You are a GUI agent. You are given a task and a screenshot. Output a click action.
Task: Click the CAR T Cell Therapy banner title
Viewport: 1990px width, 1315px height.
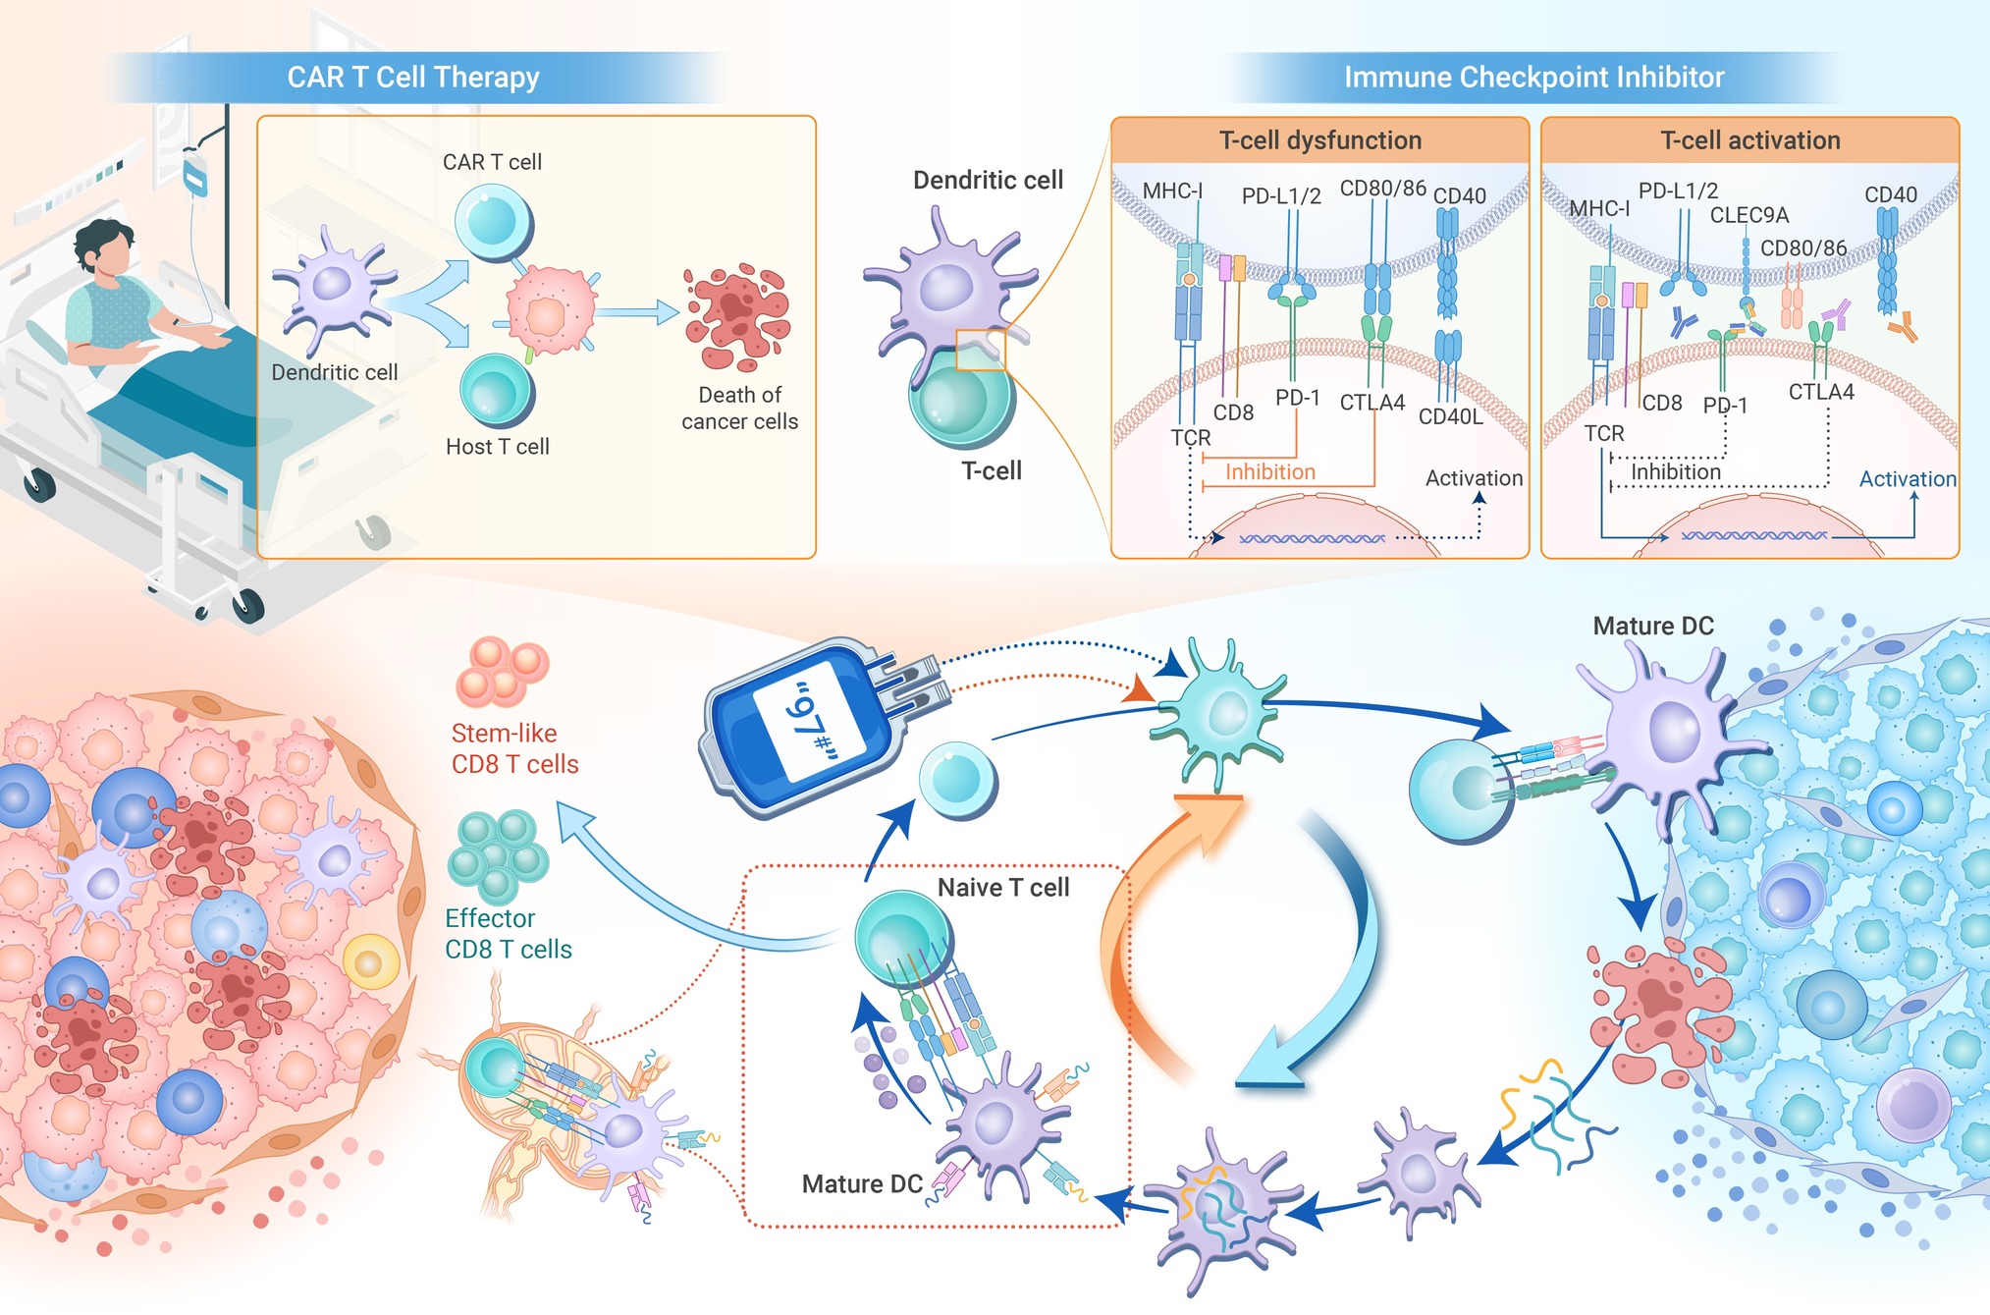coord(412,77)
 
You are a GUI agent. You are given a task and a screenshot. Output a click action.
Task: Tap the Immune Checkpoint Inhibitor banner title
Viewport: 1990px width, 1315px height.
coord(1533,77)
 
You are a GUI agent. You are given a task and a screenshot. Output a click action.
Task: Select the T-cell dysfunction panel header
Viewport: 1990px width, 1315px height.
coord(1319,140)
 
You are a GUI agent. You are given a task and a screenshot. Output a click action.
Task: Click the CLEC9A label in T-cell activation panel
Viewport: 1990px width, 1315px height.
coord(1748,215)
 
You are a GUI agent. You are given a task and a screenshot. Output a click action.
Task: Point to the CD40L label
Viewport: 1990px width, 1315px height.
coord(1450,416)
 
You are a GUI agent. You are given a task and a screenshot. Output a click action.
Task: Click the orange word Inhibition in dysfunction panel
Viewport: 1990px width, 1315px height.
coord(1269,472)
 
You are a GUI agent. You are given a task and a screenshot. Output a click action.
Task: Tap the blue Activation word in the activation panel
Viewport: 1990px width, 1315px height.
coord(1907,479)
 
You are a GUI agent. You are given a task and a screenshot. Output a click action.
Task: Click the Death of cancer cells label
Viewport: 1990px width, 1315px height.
coord(739,408)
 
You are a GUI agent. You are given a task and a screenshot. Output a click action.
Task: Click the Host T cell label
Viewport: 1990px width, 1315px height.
coord(497,447)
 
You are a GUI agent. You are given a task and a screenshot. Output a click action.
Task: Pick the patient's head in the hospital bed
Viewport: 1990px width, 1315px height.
coord(104,248)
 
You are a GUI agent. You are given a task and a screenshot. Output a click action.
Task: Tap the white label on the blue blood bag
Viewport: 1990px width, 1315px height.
coord(807,721)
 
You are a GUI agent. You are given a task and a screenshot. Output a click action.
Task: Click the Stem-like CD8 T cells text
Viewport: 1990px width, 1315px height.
coord(514,748)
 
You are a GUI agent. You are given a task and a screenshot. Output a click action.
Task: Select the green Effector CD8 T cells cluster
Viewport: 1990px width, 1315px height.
coord(498,855)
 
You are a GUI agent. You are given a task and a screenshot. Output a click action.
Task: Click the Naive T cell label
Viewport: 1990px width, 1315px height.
coord(1002,888)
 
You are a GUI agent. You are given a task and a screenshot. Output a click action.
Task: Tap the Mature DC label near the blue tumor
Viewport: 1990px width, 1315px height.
coord(1652,626)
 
